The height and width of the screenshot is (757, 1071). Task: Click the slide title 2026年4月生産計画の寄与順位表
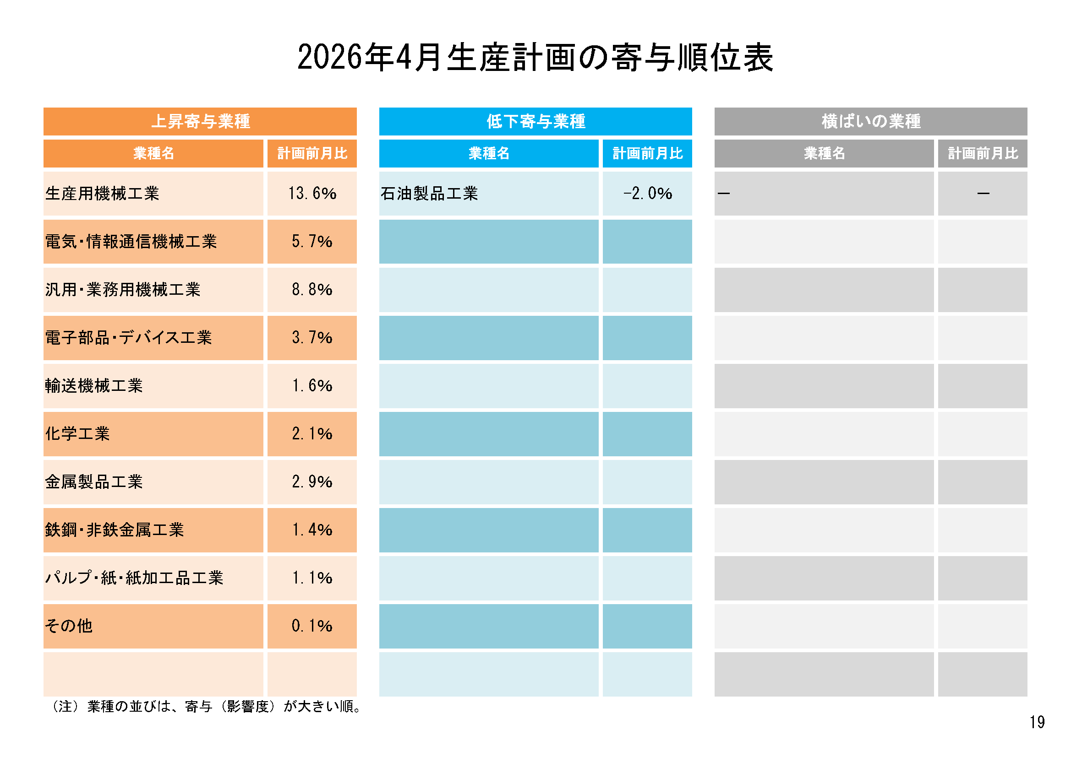[535, 58]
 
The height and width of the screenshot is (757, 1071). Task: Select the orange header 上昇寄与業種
[200, 121]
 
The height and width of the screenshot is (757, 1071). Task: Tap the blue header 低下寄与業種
[535, 121]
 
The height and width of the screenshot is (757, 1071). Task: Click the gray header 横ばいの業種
[870, 121]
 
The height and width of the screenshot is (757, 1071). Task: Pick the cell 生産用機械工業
[103, 194]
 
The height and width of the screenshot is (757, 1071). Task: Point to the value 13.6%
[312, 194]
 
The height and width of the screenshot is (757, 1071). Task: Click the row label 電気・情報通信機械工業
[131, 242]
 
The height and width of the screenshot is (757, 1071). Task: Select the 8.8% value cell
[312, 289]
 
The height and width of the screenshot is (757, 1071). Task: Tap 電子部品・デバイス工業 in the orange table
[128, 337]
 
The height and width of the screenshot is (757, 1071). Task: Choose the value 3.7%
[312, 337]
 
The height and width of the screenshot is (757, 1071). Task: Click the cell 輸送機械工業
[94, 386]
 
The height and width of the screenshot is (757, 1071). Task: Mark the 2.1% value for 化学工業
[312, 434]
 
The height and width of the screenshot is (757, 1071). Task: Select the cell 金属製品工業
[94, 482]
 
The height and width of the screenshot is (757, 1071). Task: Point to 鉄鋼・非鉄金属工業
[115, 530]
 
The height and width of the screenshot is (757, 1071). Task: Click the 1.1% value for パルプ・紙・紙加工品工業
[312, 578]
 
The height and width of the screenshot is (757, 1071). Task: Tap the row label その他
[69, 626]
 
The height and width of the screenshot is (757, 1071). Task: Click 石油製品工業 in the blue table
[429, 194]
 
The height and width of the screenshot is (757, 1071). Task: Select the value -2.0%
[647, 194]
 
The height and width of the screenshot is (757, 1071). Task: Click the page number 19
[1037, 723]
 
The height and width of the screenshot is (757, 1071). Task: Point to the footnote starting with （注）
[205, 707]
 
